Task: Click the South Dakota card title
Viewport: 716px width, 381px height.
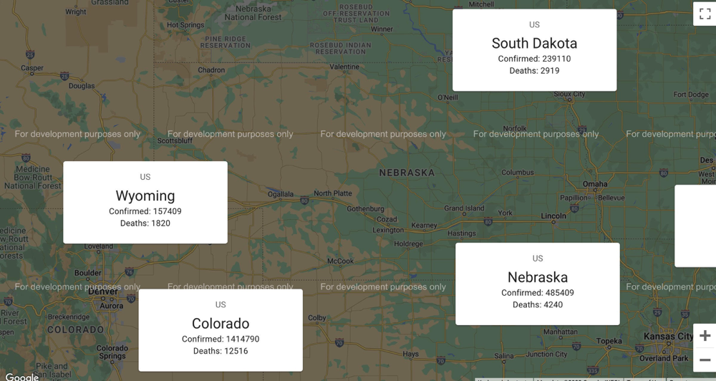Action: [534, 43]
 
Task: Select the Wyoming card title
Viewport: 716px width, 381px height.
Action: [145, 196]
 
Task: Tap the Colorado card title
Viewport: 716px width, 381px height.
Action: [221, 324]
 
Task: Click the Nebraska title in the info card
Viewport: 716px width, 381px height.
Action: [538, 277]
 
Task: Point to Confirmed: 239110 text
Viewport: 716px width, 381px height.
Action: [534, 59]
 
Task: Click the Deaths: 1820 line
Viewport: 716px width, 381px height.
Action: [145, 223]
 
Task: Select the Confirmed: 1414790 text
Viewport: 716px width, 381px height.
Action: [221, 339]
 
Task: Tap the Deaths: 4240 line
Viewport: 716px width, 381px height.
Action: [538, 305]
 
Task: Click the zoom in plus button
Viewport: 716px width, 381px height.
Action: [705, 335]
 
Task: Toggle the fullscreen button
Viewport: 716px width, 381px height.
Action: [705, 14]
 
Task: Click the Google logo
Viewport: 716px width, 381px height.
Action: [22, 376]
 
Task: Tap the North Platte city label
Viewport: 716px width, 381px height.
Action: [333, 193]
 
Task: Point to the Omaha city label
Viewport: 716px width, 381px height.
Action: [595, 184]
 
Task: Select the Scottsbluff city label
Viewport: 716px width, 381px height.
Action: [175, 141]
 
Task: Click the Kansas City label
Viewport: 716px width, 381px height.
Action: [668, 337]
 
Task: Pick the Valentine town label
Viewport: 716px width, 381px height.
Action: [344, 67]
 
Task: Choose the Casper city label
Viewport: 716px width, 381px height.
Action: [32, 69]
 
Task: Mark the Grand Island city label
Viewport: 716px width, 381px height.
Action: [464, 209]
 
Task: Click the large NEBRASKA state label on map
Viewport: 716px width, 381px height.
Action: [407, 173]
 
